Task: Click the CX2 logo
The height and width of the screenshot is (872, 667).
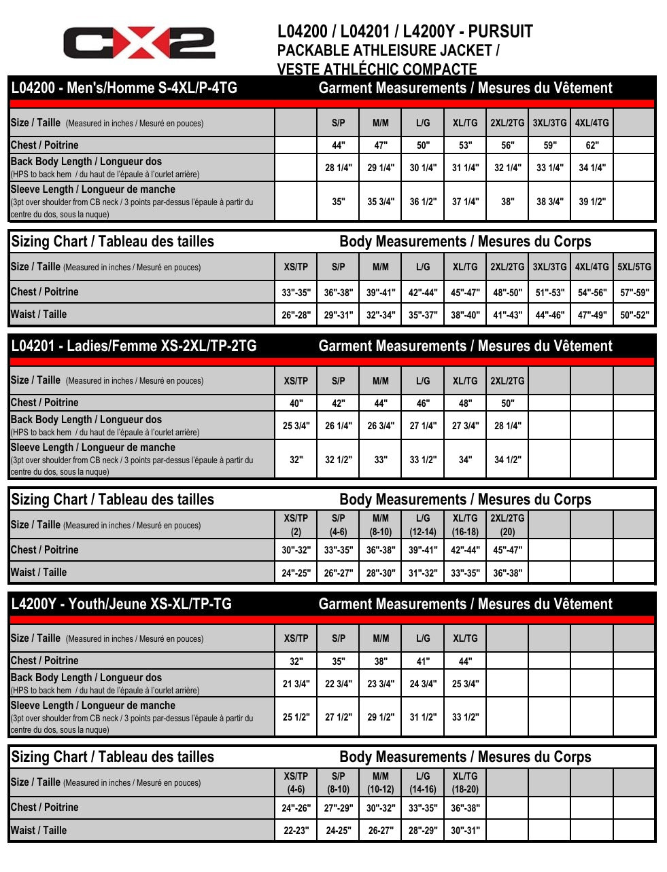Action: pos(139,43)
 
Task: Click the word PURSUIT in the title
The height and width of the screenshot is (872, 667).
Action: pos(500,31)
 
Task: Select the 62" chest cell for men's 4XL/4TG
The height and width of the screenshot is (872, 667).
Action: pos(592,145)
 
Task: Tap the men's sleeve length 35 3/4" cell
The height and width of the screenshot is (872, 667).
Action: pos(381,202)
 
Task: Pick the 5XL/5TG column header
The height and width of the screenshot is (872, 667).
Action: pos(634,267)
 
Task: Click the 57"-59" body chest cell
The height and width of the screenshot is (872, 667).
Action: pos(634,293)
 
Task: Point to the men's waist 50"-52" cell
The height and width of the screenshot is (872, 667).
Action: pos(634,315)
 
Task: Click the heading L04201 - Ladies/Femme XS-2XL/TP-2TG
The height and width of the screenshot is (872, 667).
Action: pos(134,346)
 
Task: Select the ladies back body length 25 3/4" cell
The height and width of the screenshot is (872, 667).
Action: pos(296,426)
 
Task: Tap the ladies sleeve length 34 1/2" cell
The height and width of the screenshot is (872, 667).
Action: pos(507,460)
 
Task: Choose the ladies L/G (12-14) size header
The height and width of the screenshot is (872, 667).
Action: pos(423,525)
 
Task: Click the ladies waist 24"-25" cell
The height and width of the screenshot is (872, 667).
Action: pos(296,573)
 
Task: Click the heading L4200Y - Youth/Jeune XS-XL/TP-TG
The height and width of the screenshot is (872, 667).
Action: pos(122,604)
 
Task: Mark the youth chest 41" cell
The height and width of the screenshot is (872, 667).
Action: pos(423,661)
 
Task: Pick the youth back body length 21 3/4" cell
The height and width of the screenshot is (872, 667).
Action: pos(296,684)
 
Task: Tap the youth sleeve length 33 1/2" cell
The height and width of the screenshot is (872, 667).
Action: pos(465,717)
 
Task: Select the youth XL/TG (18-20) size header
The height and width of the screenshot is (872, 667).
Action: pos(465,782)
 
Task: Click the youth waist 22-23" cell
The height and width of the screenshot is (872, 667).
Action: pos(296,831)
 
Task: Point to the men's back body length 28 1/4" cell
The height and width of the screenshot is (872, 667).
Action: pos(338,168)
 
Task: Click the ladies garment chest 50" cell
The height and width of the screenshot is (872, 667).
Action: pos(507,403)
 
